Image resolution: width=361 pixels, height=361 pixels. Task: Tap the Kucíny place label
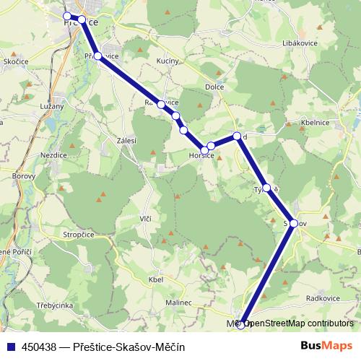tap(168, 61)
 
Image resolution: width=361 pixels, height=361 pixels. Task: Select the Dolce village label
tap(214, 87)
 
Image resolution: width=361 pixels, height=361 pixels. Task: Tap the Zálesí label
tap(117, 142)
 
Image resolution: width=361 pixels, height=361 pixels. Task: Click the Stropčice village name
tap(79, 235)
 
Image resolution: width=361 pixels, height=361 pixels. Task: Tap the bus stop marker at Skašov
tap(294, 223)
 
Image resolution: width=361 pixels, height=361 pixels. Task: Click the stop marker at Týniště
tap(266, 188)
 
